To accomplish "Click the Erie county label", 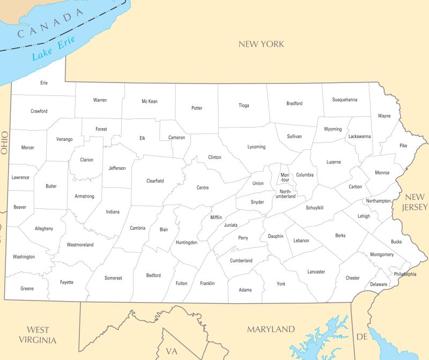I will [x=44, y=83].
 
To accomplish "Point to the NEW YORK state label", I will [x=261, y=44].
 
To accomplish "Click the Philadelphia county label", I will [x=405, y=274].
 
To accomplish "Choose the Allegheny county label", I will [x=43, y=229].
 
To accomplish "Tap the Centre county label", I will [x=203, y=187].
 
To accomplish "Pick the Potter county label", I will [x=197, y=108].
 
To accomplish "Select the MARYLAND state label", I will [x=271, y=329].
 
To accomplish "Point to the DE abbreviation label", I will [x=362, y=336].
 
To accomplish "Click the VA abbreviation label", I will [x=172, y=351].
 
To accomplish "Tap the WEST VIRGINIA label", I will [x=38, y=335].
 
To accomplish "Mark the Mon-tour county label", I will [x=285, y=177].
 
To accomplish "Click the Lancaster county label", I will [x=316, y=272].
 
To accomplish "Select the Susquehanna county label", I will [x=344, y=100].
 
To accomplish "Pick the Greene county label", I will [x=27, y=288].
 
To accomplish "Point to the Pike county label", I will [x=403, y=145].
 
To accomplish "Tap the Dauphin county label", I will [x=276, y=236].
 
